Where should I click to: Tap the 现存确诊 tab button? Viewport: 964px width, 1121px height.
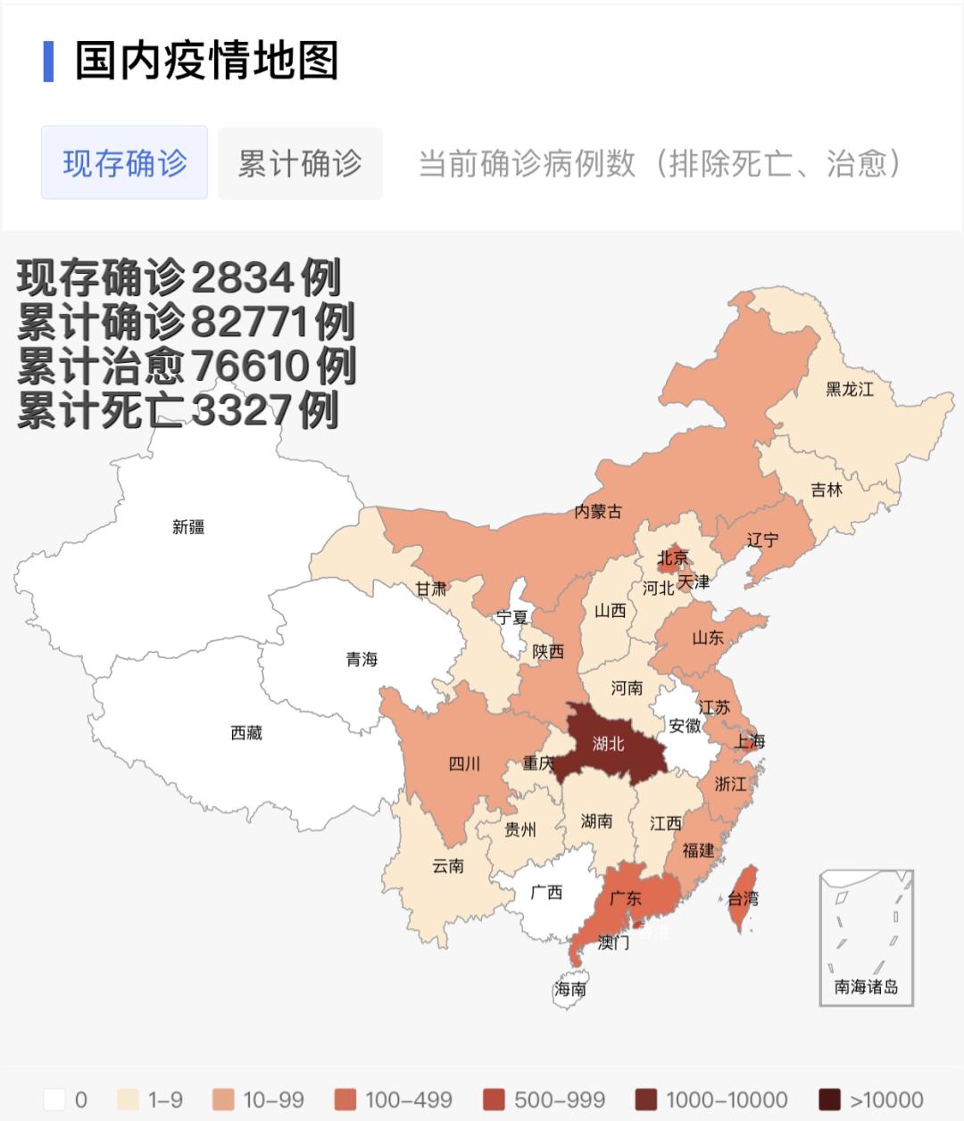[x=124, y=163]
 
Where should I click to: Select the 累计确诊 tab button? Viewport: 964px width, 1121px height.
[x=300, y=163]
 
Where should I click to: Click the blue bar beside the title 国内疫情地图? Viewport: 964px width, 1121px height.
[x=48, y=61]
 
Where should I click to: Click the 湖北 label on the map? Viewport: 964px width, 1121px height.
[x=609, y=743]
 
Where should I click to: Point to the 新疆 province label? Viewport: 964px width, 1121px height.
[x=188, y=527]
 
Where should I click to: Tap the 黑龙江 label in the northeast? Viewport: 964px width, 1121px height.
[x=849, y=389]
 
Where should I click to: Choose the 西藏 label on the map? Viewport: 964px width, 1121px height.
[x=246, y=733]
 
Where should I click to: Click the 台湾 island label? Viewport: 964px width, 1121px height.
[x=743, y=898]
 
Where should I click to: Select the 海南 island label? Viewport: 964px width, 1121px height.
[x=570, y=988]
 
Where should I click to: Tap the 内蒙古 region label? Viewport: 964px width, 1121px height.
[x=598, y=511]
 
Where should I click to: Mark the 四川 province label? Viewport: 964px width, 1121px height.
[x=464, y=763]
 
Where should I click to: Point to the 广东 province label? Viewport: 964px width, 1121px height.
[x=626, y=898]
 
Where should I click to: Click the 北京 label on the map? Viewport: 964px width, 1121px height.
[x=673, y=558]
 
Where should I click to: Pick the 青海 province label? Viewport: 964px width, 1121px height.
[x=361, y=659]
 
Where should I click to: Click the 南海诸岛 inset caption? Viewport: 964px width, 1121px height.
[x=866, y=987]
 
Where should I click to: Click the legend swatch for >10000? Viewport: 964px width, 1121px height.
[x=830, y=1100]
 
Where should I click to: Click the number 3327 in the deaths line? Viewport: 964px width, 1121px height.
[x=241, y=410]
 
